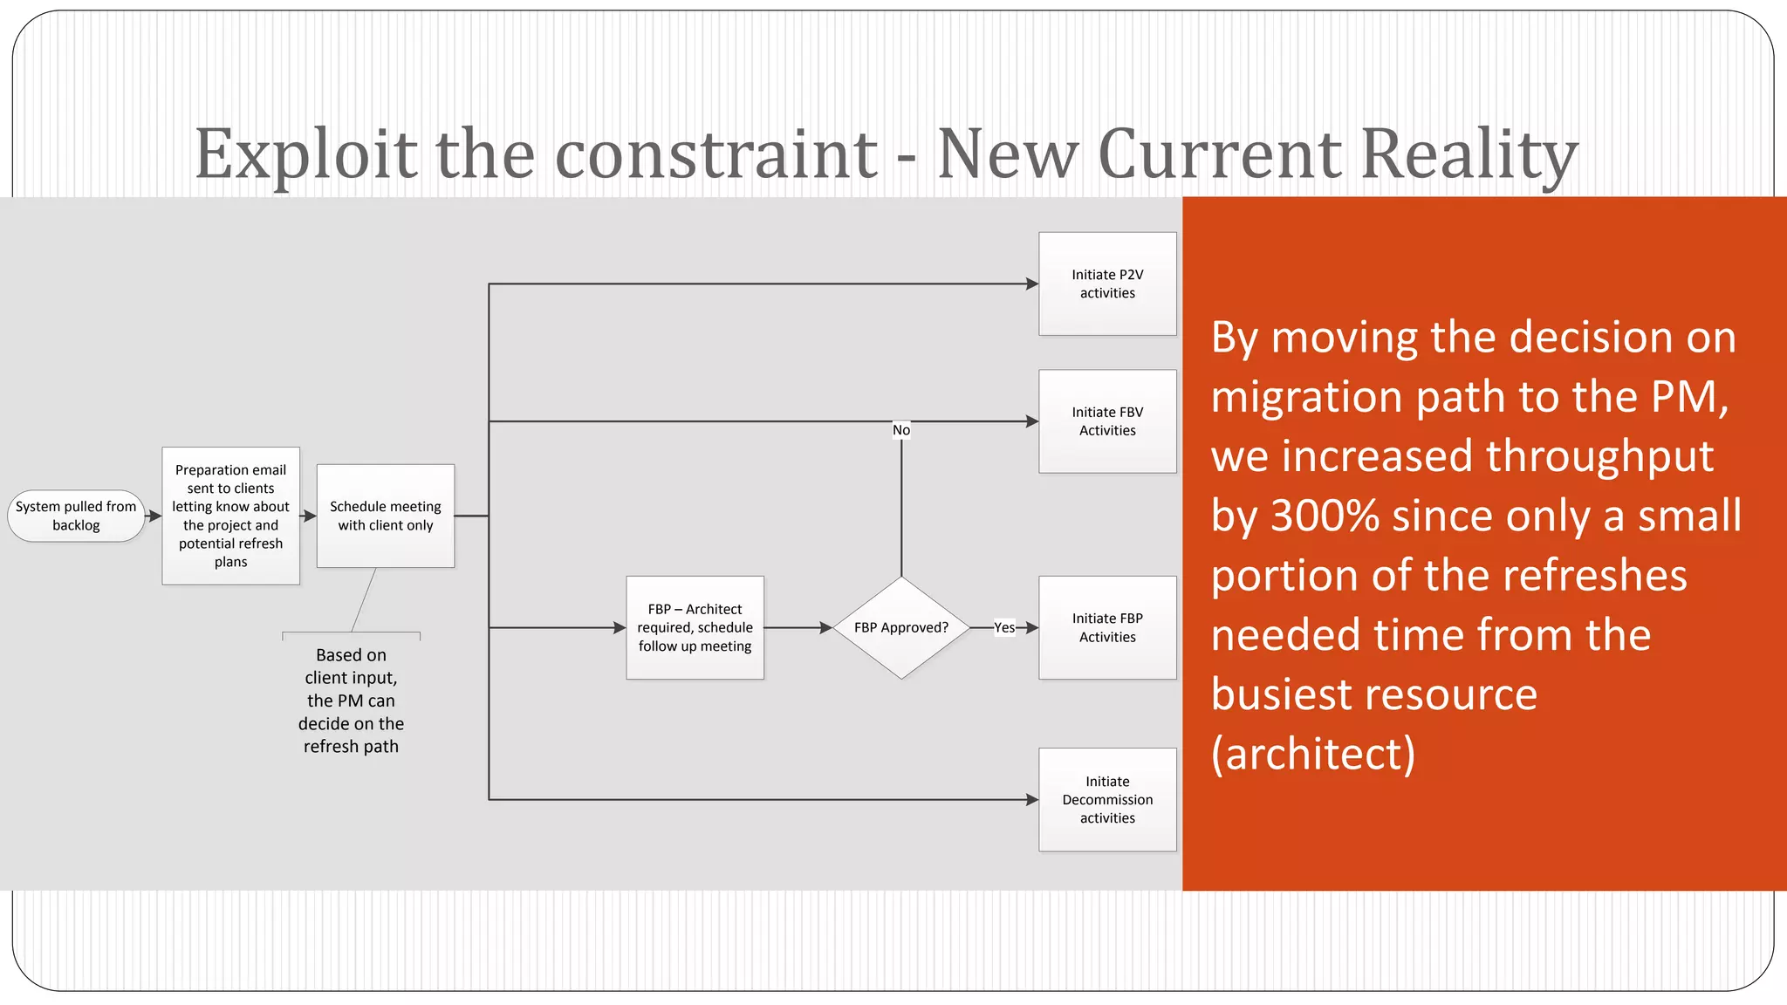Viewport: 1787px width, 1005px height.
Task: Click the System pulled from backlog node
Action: pyautogui.click(x=76, y=516)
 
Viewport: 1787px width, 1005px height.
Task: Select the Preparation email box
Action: pyautogui.click(x=230, y=516)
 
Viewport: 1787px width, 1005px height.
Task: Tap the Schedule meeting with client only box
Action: pyautogui.click(x=385, y=516)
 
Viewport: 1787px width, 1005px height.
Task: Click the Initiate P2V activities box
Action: pyautogui.click(x=1107, y=284)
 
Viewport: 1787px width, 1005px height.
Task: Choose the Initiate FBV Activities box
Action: pyautogui.click(x=1107, y=421)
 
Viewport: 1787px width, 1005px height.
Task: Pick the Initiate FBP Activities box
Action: pyautogui.click(x=1107, y=627)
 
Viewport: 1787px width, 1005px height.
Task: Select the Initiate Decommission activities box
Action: pyautogui.click(x=1107, y=799)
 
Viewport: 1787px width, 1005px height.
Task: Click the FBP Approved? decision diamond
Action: pyautogui.click(x=901, y=627)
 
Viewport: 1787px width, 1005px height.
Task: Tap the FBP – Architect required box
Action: pyautogui.click(x=695, y=627)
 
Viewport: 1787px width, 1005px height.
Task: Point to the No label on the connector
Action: pyautogui.click(x=901, y=430)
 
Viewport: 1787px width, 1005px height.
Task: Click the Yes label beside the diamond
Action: pyautogui.click(x=1004, y=627)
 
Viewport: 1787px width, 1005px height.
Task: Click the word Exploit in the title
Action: pyautogui.click(x=305, y=154)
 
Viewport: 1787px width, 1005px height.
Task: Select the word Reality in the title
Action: pyautogui.click(x=1469, y=154)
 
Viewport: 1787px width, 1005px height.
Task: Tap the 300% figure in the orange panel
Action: pyautogui.click(x=1325, y=516)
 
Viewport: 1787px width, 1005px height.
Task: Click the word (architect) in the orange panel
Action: pyautogui.click(x=1313, y=754)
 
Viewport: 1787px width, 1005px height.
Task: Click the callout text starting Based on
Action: pyautogui.click(x=351, y=701)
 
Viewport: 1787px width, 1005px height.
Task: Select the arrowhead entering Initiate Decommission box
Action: pyautogui.click(x=1032, y=799)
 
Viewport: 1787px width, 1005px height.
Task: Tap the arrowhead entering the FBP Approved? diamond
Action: pyautogui.click(x=826, y=627)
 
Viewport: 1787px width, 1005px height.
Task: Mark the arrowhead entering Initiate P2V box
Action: pyautogui.click(x=1032, y=284)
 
